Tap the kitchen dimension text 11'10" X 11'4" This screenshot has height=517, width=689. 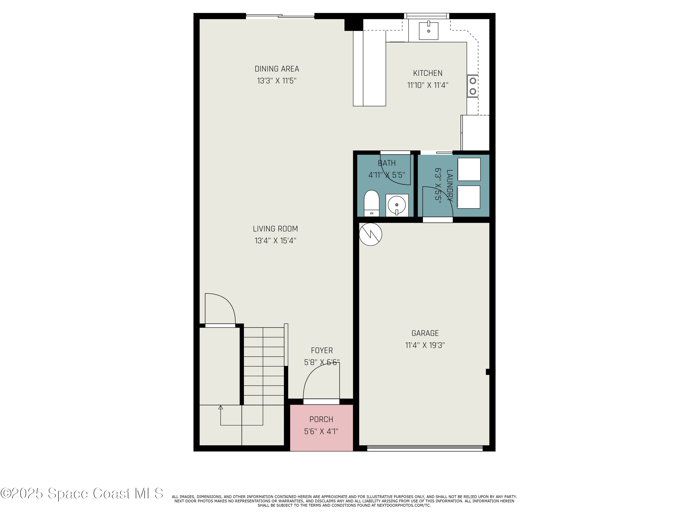(x=427, y=85)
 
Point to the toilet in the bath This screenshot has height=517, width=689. (x=371, y=203)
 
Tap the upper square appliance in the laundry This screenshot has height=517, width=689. (x=469, y=169)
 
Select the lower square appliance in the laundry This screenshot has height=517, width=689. (x=469, y=197)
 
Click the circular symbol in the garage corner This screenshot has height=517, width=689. (x=370, y=234)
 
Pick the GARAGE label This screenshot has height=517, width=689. (x=425, y=333)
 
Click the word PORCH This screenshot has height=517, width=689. (x=321, y=419)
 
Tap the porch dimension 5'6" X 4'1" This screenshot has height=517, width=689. (x=321, y=431)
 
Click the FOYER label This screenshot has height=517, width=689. (x=322, y=351)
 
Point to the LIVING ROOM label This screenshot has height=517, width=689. (x=275, y=229)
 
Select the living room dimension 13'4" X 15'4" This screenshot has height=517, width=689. (x=275, y=241)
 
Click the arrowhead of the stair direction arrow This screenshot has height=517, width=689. (x=220, y=407)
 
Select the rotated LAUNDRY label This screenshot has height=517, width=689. (x=449, y=186)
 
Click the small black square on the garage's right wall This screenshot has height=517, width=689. (x=488, y=372)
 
